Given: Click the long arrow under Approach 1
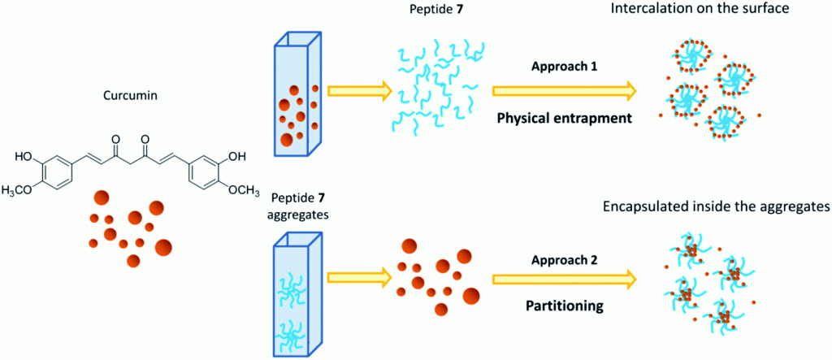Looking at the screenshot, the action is [x=564, y=91].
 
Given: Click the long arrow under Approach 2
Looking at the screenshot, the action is [x=564, y=279].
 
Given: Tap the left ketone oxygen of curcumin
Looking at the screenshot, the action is [x=116, y=141].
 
